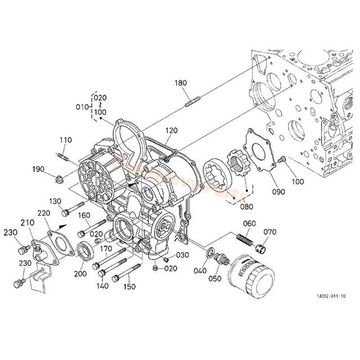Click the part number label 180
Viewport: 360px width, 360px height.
coord(180,83)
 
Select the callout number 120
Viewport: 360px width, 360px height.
coord(171,130)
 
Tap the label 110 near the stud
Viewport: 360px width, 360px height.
coord(66,139)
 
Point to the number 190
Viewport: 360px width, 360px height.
coord(38,169)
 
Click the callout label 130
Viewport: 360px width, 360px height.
coord(55,201)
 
